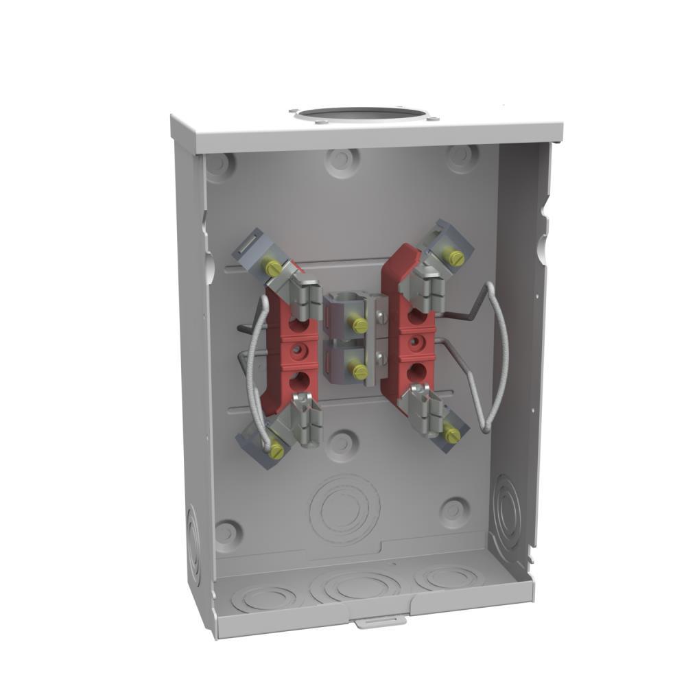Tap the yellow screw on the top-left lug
pyautogui.click(x=273, y=268)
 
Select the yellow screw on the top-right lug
pyautogui.click(x=455, y=257)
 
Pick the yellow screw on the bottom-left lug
pyautogui.click(x=276, y=450)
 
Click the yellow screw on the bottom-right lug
pyautogui.click(x=451, y=434)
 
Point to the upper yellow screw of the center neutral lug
pyautogui.click(x=358, y=322)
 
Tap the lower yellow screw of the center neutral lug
pyautogui.click(x=358, y=370)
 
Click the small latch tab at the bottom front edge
pyautogui.click(x=377, y=622)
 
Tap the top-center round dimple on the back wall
pyautogui.click(x=341, y=162)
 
